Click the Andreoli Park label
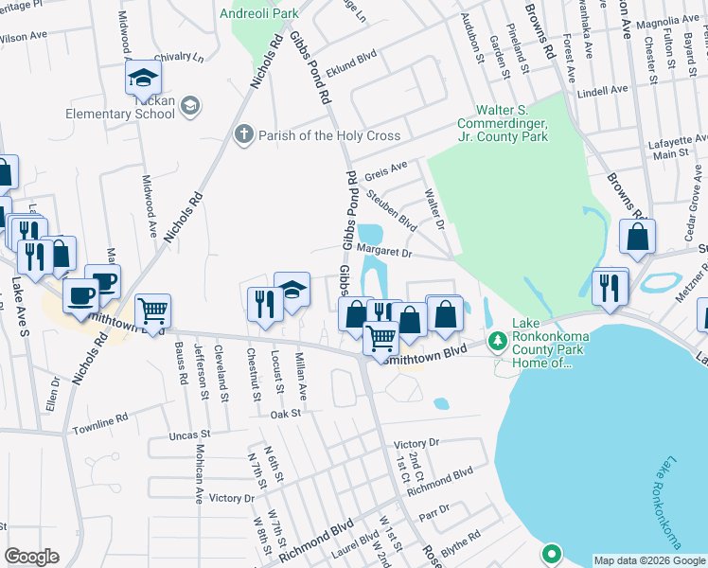(x=257, y=14)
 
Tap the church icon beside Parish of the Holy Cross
(x=243, y=135)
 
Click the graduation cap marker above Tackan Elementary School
(x=143, y=78)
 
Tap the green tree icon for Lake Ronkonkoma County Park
(x=495, y=339)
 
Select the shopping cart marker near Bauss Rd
(x=152, y=311)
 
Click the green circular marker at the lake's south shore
(x=551, y=553)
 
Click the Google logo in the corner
(x=32, y=557)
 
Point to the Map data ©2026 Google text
(x=648, y=560)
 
